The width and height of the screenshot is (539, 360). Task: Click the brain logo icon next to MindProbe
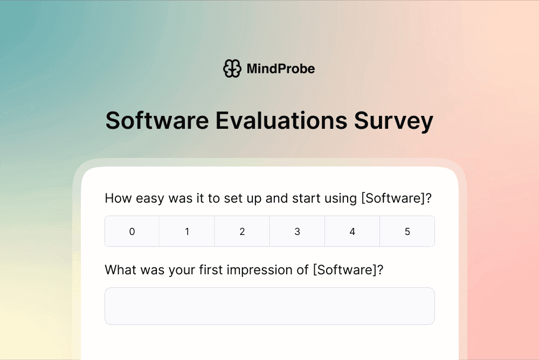click(x=232, y=68)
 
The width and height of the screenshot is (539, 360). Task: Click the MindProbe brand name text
click(x=280, y=68)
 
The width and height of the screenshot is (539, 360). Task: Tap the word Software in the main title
click(x=157, y=121)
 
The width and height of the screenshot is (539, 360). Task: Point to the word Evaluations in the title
click(x=281, y=121)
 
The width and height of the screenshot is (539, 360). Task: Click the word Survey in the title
click(x=393, y=121)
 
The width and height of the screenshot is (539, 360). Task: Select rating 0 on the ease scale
click(x=132, y=232)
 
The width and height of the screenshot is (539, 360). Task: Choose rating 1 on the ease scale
click(x=187, y=232)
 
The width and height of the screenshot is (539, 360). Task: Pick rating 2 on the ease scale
click(x=242, y=232)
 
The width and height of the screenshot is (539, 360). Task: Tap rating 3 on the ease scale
click(x=297, y=232)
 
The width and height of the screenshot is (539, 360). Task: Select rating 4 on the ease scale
click(x=352, y=232)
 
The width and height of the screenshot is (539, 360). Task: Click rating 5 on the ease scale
click(x=407, y=232)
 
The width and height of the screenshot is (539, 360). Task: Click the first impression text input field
click(x=269, y=306)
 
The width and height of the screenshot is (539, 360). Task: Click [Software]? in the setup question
click(x=396, y=198)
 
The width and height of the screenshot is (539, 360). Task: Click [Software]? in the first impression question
click(x=348, y=269)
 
